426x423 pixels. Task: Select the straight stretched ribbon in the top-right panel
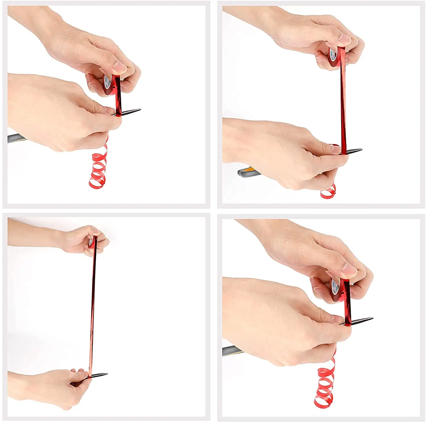click(x=343, y=108)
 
